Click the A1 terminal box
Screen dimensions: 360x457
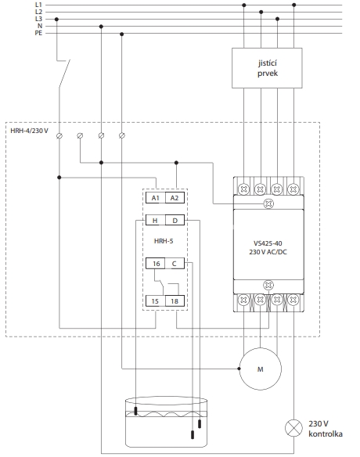point(156,198)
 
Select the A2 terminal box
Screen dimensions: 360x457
point(175,198)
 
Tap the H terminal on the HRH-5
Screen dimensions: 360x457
point(156,220)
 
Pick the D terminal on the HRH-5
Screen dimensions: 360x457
point(175,220)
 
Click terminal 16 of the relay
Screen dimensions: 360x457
point(156,264)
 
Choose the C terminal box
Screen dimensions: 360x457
point(175,264)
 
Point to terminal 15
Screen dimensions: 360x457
point(156,301)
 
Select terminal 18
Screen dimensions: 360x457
point(175,301)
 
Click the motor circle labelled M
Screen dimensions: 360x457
point(261,369)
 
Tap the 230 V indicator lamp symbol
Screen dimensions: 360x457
point(293,428)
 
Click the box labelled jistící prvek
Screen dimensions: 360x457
point(267,68)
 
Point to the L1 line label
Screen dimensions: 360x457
point(38,5)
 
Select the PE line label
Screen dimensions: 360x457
point(38,33)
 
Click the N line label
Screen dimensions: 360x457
point(40,26)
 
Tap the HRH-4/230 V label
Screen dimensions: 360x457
point(29,131)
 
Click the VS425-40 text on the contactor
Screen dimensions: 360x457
point(268,243)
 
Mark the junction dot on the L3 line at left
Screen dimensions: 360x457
point(56,20)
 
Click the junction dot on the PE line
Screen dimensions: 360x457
point(122,34)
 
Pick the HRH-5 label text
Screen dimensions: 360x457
point(164,241)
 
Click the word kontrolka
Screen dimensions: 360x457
point(326,434)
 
